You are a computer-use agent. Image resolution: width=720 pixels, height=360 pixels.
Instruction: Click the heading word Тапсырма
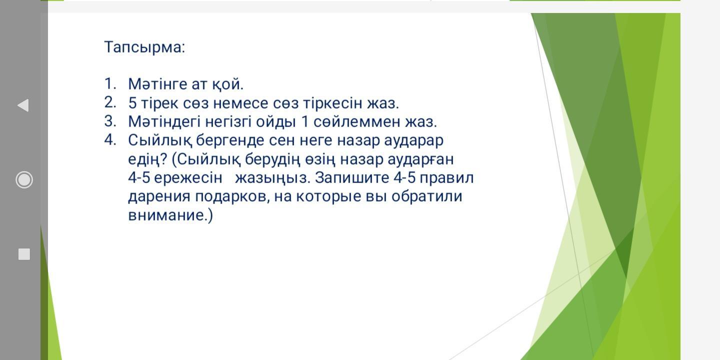(x=144, y=47)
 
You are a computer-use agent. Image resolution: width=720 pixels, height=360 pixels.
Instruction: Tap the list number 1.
(x=110, y=83)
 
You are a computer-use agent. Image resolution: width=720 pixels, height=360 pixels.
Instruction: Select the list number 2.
(x=110, y=102)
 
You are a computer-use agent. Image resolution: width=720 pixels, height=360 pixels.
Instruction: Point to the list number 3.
(x=110, y=121)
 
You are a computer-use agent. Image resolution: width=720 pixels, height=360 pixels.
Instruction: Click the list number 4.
(x=110, y=140)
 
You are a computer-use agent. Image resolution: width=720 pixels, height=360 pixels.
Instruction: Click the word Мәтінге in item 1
(x=157, y=84)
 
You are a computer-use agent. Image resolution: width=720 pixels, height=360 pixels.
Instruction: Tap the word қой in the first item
(x=227, y=84)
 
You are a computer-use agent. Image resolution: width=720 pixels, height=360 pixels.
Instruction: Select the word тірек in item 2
(x=159, y=103)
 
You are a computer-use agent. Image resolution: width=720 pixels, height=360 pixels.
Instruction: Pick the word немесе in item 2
(x=240, y=103)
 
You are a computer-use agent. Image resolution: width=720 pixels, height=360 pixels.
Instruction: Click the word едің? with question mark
(x=148, y=159)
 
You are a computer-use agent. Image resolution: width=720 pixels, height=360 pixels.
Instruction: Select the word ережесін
(x=188, y=178)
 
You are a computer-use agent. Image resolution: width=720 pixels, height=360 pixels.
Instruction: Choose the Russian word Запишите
(x=352, y=178)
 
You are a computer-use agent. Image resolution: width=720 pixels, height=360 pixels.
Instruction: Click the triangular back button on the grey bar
(x=23, y=105)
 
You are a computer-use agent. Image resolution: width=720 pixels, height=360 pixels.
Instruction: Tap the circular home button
(x=24, y=179)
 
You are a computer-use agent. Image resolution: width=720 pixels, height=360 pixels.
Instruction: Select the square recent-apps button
(x=24, y=254)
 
